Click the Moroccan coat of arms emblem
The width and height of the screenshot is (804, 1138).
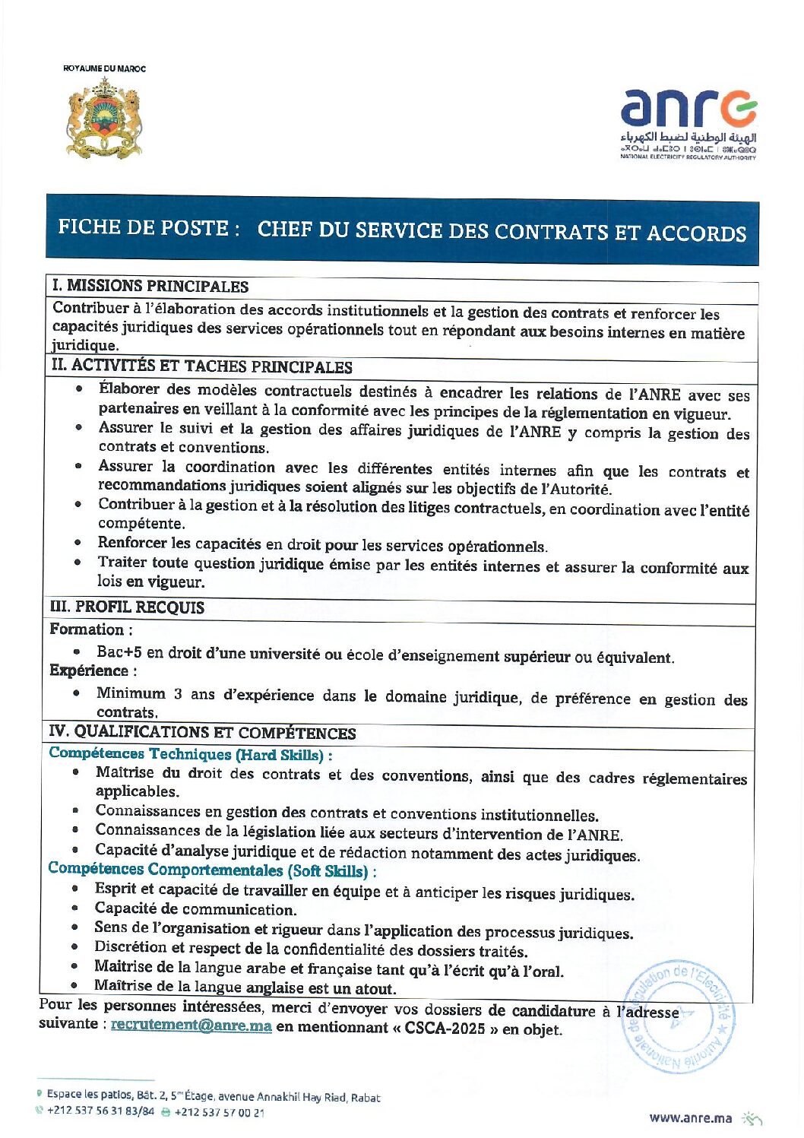104,118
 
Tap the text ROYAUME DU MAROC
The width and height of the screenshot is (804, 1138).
104,68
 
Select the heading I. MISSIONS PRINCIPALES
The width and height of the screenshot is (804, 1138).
150,287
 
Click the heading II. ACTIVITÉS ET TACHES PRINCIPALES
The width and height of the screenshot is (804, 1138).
202,366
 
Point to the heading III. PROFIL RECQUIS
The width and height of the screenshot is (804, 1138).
128,607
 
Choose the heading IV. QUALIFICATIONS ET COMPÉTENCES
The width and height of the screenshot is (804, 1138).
203,732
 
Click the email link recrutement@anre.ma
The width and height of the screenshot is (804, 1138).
192,1025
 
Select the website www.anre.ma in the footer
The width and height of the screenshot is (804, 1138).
691,1117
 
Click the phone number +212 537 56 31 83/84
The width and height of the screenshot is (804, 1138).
100,1111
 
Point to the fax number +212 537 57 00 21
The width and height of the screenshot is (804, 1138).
220,1112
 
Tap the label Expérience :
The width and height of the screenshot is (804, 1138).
93,670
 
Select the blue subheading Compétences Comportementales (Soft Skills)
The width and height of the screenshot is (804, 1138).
211,870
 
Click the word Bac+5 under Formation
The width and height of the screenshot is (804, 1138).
119,651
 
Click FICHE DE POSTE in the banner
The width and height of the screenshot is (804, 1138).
144,227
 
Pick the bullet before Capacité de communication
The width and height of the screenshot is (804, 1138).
75,908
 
